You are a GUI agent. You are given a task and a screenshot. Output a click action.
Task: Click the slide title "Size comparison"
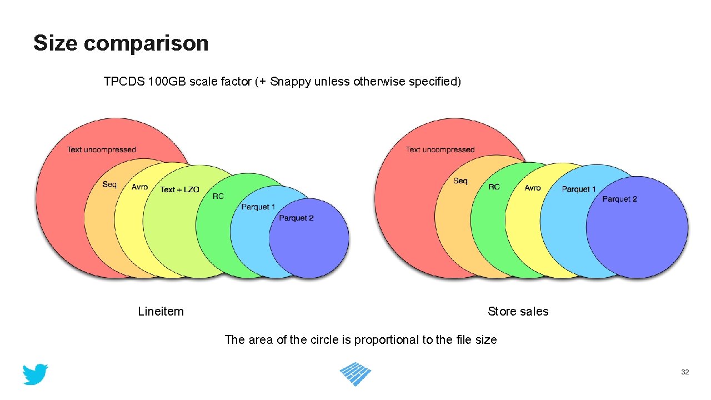tap(121, 43)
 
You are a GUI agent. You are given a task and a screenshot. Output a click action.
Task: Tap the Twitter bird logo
tap(35, 374)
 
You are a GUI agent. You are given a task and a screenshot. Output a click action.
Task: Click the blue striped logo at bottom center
tap(355, 374)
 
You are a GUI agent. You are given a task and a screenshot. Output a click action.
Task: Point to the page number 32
tap(685, 372)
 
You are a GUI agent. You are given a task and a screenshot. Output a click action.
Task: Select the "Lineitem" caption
tap(161, 312)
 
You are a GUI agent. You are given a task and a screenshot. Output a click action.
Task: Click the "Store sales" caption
tap(518, 312)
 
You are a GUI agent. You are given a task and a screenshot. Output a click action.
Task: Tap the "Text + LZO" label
tap(179, 189)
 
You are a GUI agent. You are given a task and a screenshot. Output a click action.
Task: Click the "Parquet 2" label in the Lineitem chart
tap(296, 218)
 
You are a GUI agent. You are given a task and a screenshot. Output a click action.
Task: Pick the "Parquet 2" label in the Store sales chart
tap(619, 199)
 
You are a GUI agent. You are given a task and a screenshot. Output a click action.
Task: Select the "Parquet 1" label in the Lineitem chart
tap(258, 207)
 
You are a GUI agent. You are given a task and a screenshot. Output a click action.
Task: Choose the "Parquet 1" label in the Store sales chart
tap(578, 189)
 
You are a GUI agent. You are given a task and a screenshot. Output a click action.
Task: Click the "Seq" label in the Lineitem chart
tap(109, 184)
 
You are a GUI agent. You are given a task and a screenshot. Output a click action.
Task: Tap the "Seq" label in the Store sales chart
tap(460, 181)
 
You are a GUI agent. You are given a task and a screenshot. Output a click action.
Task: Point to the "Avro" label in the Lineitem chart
tap(139, 187)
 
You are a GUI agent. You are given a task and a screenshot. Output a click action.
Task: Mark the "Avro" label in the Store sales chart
tap(532, 188)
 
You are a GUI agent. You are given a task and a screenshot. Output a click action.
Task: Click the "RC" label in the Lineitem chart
tap(218, 196)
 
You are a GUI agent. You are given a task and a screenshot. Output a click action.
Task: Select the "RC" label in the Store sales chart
tap(494, 187)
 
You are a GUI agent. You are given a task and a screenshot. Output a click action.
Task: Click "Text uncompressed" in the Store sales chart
tap(440, 149)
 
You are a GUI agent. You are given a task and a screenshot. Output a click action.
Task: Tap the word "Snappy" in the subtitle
tap(291, 82)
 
